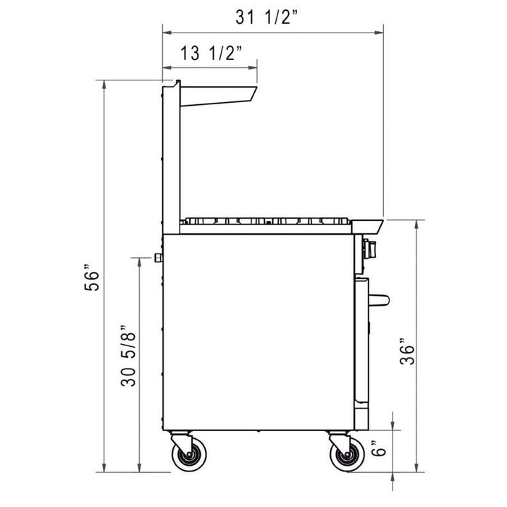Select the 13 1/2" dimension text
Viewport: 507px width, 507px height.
[211, 53]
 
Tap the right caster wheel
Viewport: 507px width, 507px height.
[345, 456]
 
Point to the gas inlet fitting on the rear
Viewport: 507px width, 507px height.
[157, 258]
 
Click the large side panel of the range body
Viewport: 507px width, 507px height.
[257, 330]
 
